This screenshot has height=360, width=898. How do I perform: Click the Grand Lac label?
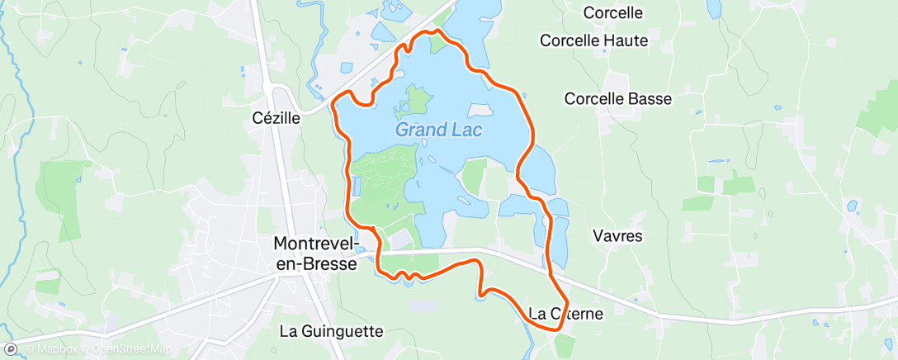(438, 130)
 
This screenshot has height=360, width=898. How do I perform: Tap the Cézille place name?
(276, 118)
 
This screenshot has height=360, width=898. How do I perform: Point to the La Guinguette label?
(332, 331)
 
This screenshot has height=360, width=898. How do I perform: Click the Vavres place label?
(617, 235)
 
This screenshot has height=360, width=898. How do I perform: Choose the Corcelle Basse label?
(618, 98)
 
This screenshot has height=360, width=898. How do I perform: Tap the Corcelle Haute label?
(594, 40)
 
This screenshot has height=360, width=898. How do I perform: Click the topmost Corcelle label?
(612, 12)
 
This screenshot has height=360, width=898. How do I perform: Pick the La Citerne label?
(566, 313)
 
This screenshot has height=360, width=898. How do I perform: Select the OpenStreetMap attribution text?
(131, 348)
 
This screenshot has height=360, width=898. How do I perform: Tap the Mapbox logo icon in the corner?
(11, 348)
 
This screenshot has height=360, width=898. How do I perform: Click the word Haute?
(626, 40)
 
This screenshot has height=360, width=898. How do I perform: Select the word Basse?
(650, 98)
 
